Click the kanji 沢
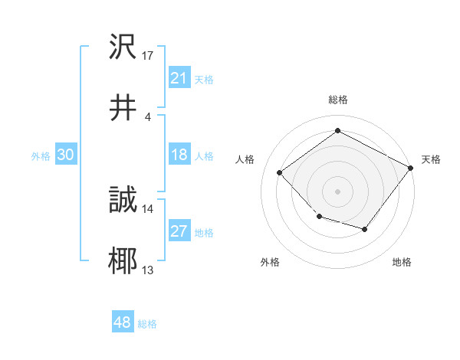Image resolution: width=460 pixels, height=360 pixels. coord(123,47)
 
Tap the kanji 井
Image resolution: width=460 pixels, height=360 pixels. coord(123,109)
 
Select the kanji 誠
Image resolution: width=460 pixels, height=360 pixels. coord(123,201)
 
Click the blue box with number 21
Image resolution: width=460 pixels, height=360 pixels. coord(179,78)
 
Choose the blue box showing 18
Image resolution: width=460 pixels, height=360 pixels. coord(179,155)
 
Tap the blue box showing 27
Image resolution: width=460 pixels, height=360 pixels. coord(179,231)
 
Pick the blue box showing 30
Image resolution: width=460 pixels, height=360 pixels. coord(65,155)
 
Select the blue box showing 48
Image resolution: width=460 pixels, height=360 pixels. coord(123,322)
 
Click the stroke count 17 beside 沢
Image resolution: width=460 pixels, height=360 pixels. coord(148,55)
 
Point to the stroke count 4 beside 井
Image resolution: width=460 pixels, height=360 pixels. coord(147,116)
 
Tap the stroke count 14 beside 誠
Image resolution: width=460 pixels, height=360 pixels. coord(148,208)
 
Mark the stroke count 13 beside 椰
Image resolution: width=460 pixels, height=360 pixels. coord(148,270)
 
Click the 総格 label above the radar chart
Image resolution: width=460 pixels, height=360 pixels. coord(338,100)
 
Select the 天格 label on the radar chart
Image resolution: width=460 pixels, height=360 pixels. coord(431,159)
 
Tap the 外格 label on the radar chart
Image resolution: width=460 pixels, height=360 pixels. coord(270,262)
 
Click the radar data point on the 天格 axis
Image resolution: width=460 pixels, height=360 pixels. coord(411,167)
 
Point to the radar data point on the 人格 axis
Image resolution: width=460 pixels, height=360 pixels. coord(280,172)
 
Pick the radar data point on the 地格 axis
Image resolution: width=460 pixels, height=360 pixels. coord(365,229)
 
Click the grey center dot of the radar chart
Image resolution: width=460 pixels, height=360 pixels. coord(338,191)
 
